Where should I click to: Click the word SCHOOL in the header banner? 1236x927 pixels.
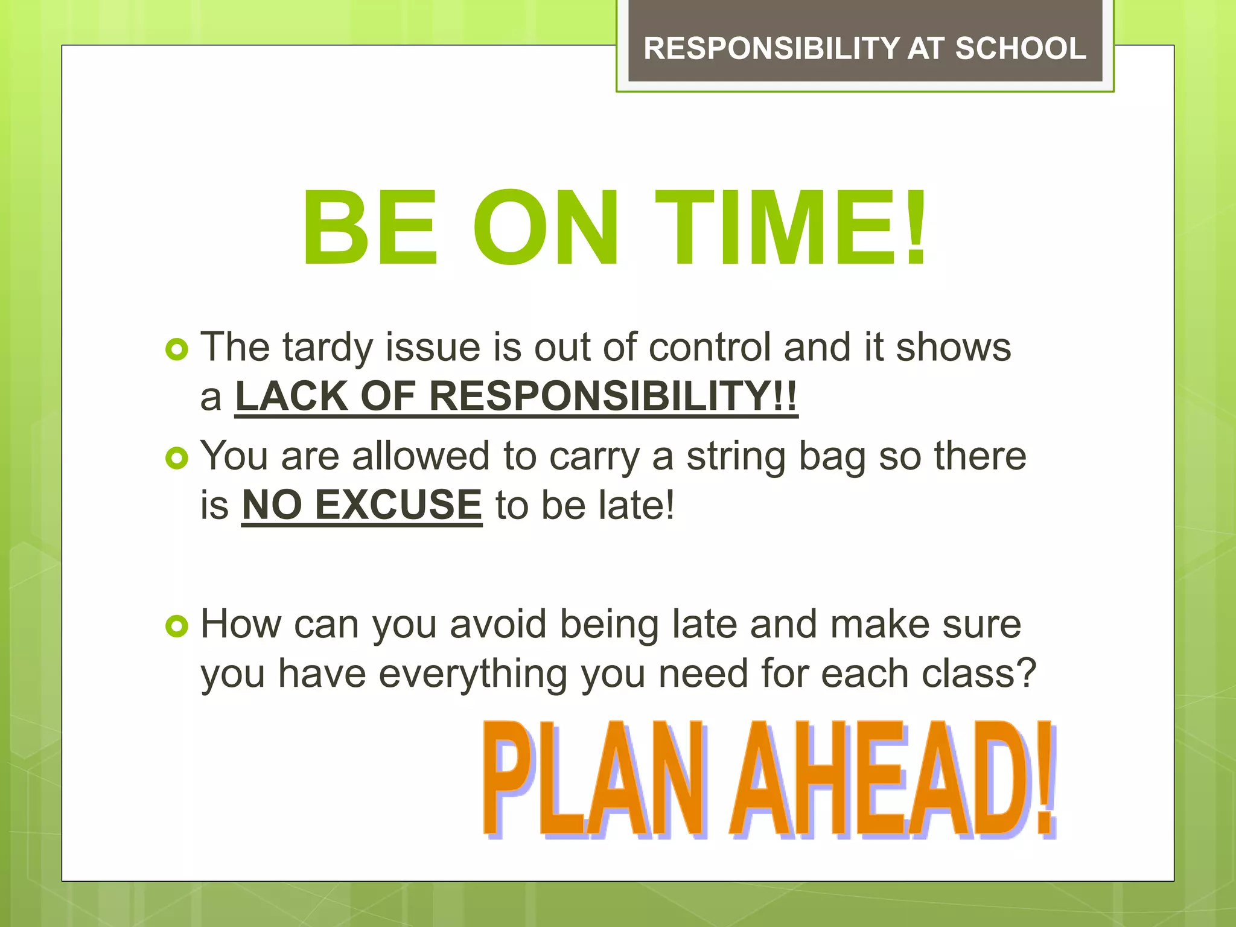click(1021, 48)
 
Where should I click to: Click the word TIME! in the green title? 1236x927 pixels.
click(791, 228)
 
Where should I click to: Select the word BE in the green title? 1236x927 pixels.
click(369, 228)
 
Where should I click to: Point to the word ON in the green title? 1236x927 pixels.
click(546, 228)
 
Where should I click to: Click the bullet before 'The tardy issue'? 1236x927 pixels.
click(176, 349)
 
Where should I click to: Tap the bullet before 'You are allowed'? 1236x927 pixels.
click(176, 458)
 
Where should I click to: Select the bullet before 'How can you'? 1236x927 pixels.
click(176, 626)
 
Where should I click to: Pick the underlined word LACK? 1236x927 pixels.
click(291, 397)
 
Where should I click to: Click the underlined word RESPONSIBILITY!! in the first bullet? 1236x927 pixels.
click(613, 397)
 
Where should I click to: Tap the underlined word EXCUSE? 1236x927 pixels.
click(398, 505)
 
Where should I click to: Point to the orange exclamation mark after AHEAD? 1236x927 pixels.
click(1046, 779)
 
